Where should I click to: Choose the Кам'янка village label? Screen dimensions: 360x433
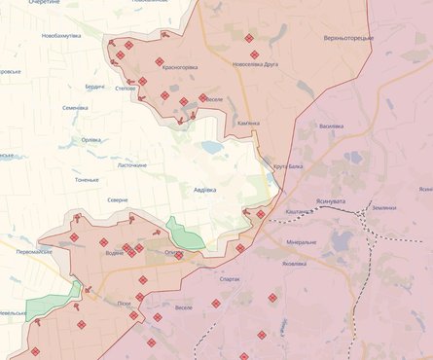pyautogui.click(x=248, y=124)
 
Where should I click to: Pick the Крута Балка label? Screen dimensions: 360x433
pyautogui.click(x=288, y=166)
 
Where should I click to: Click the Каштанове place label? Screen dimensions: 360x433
pyautogui.click(x=300, y=212)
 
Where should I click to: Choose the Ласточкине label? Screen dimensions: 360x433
pyautogui.click(x=131, y=165)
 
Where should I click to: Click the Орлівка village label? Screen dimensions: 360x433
pyautogui.click(x=91, y=139)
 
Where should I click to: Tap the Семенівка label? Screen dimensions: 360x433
pyautogui.click(x=76, y=108)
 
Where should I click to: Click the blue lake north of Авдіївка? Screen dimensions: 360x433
pyautogui.click(x=212, y=147)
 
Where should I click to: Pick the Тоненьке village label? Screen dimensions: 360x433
pyautogui.click(x=87, y=180)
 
